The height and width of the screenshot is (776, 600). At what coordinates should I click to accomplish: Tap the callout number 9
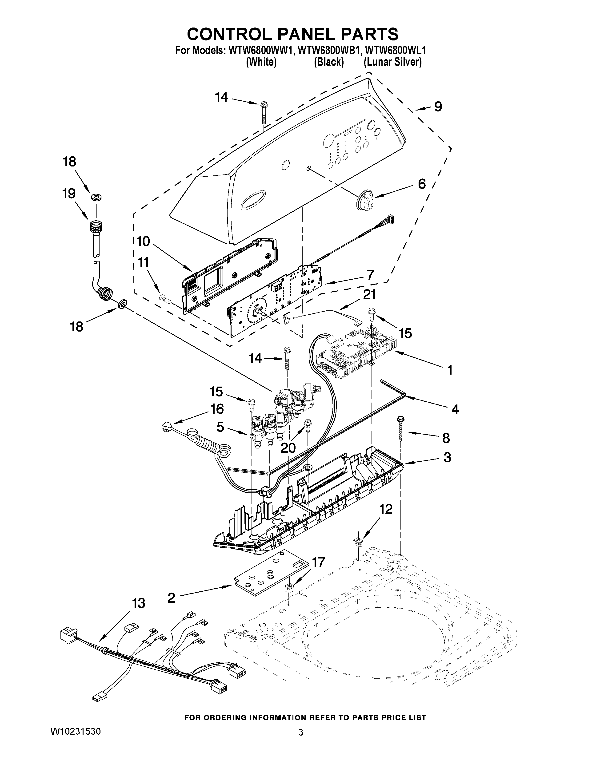[438, 106]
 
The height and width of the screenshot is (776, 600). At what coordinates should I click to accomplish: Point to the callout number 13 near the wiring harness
[138, 603]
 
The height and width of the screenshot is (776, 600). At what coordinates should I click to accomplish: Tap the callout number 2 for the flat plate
[171, 598]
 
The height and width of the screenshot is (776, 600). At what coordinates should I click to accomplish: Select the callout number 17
[318, 562]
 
